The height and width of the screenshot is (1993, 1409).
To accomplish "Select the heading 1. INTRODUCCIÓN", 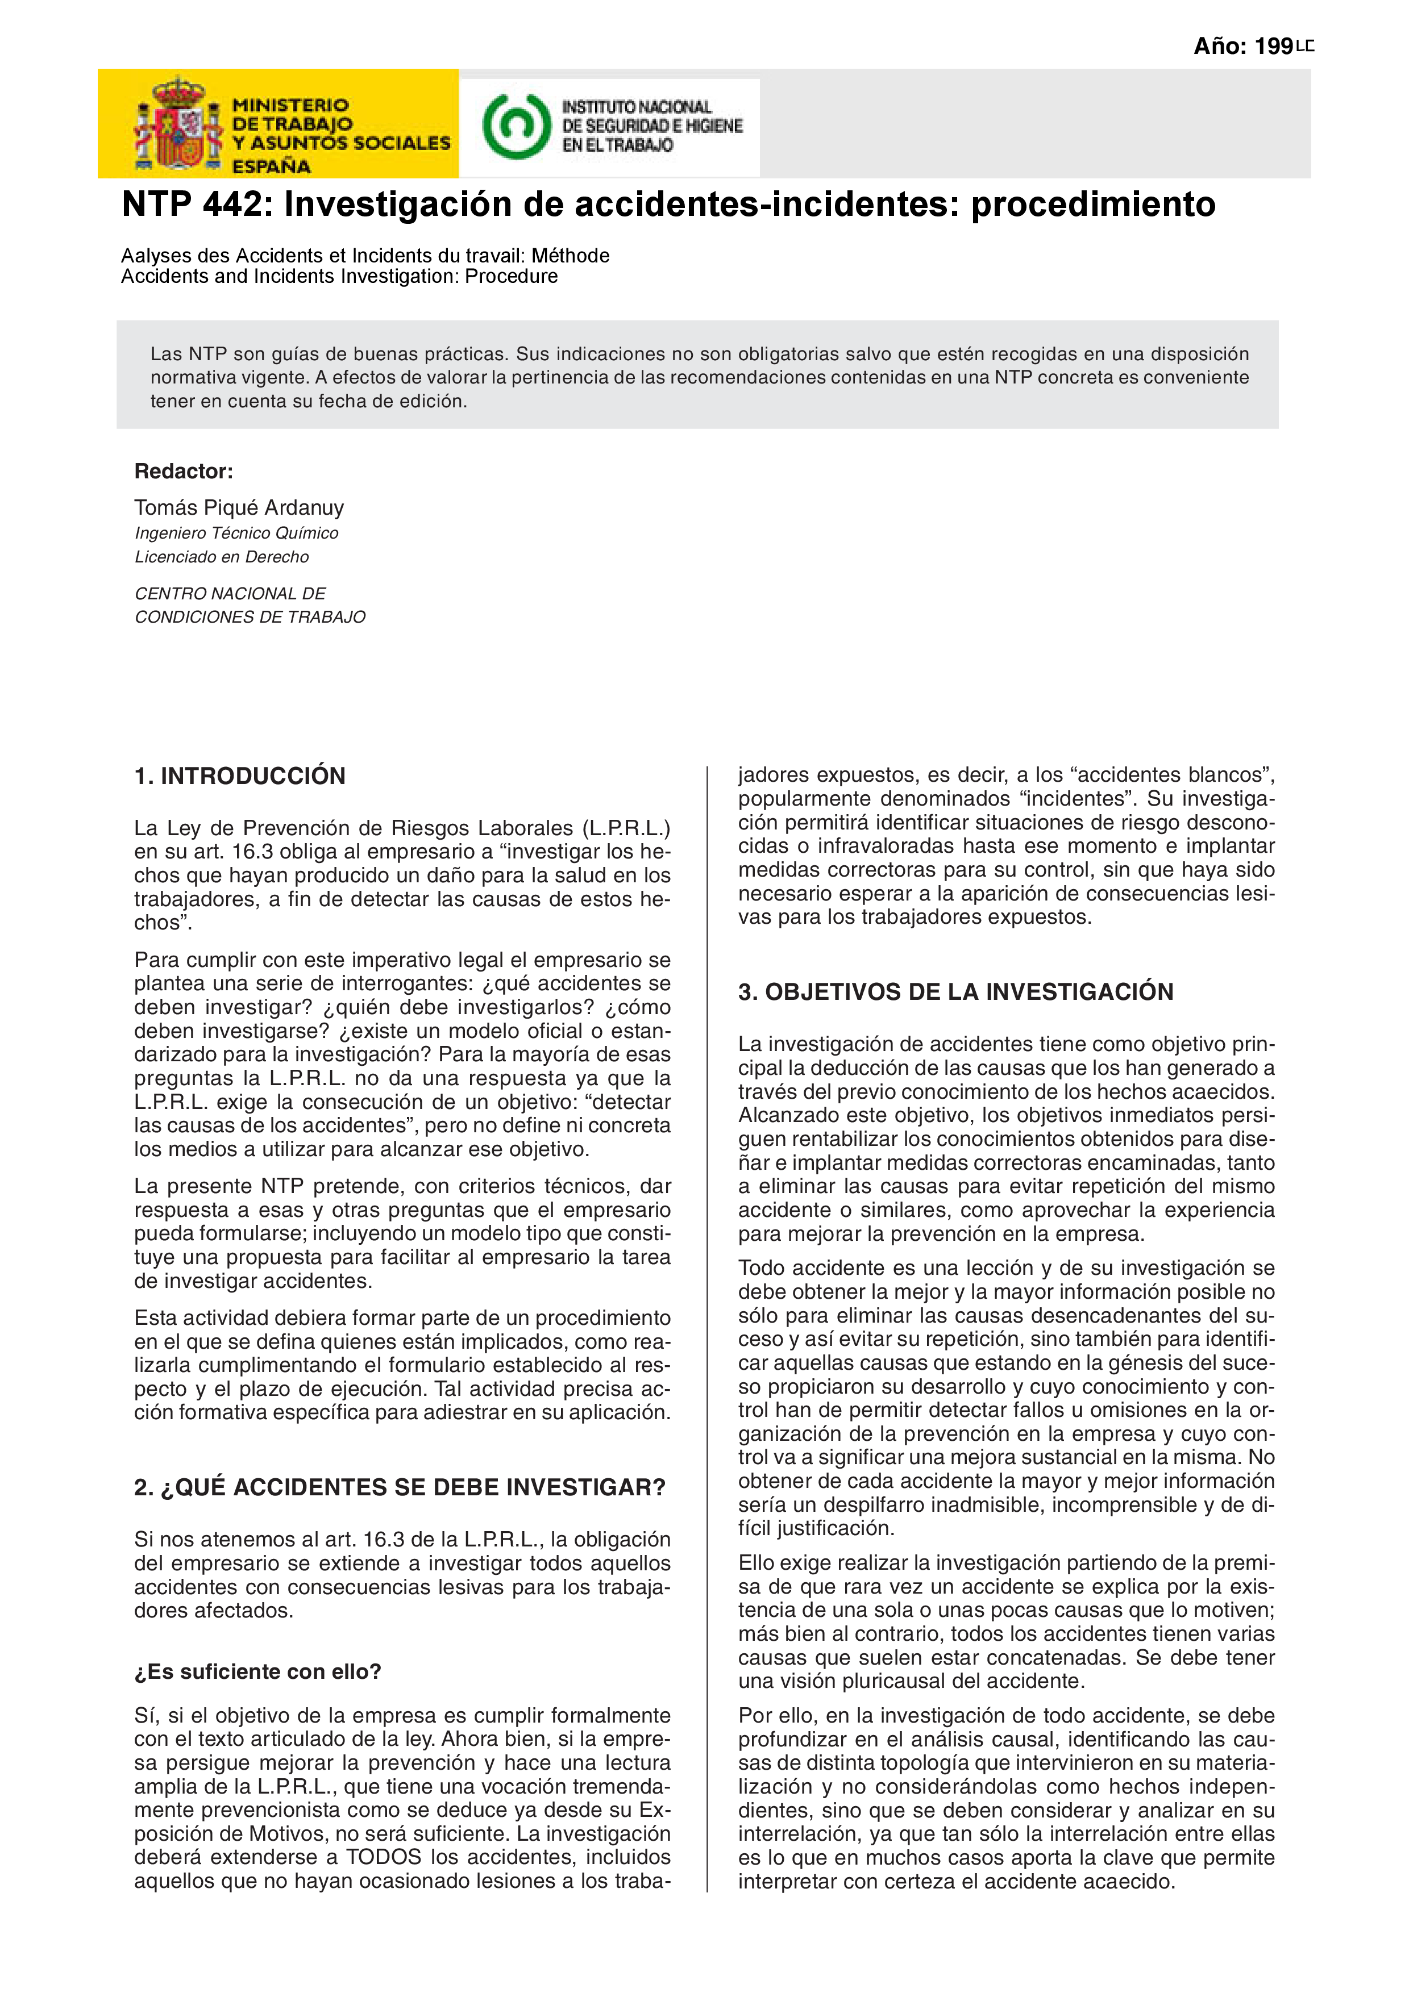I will click(x=240, y=776).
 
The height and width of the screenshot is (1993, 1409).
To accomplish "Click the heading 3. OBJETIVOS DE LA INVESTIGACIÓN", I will click(x=955, y=992).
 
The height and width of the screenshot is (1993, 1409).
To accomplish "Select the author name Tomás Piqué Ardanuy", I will click(x=239, y=508).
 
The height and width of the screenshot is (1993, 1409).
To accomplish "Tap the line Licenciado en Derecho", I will click(x=221, y=556).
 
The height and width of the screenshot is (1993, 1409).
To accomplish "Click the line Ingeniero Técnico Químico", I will click(x=236, y=533).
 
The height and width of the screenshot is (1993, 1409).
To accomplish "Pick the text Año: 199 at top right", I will click(x=1243, y=47).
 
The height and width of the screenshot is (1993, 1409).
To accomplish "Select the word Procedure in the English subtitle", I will click(x=512, y=277).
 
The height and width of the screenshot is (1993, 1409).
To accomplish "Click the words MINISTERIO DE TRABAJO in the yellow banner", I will click(x=292, y=115).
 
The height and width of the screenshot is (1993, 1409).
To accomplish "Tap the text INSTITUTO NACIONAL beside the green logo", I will click(x=637, y=107).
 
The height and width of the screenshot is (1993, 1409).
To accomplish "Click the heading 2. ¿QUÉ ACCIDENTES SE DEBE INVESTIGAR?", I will click(x=400, y=1488).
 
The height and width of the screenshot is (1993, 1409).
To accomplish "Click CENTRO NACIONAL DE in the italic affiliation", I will click(x=230, y=594).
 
